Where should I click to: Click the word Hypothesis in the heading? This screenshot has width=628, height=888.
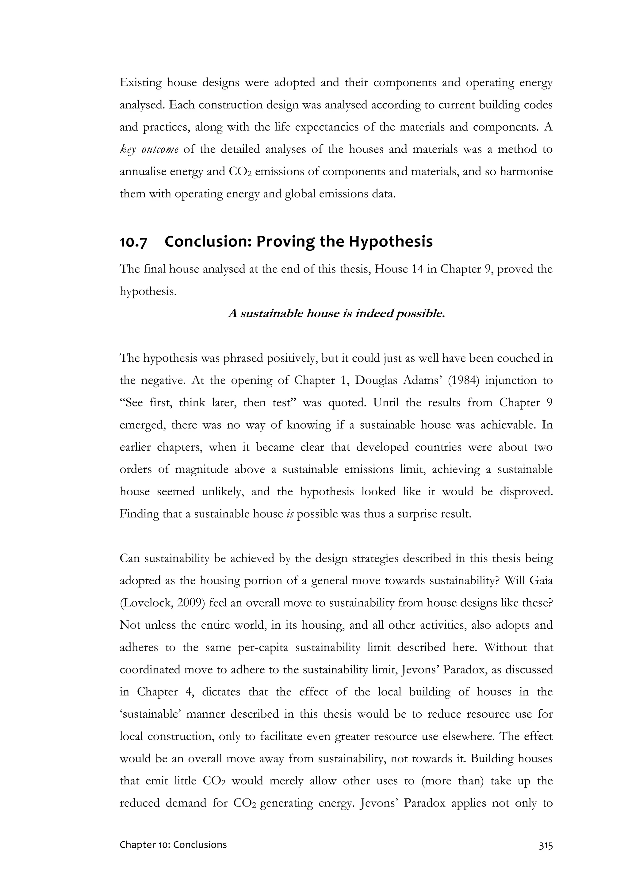390,242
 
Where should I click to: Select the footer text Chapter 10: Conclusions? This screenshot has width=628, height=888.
173,845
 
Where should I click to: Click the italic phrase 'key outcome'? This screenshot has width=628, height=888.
149,150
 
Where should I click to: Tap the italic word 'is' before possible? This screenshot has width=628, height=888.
290,514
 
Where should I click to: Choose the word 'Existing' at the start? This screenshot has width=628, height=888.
140,83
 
